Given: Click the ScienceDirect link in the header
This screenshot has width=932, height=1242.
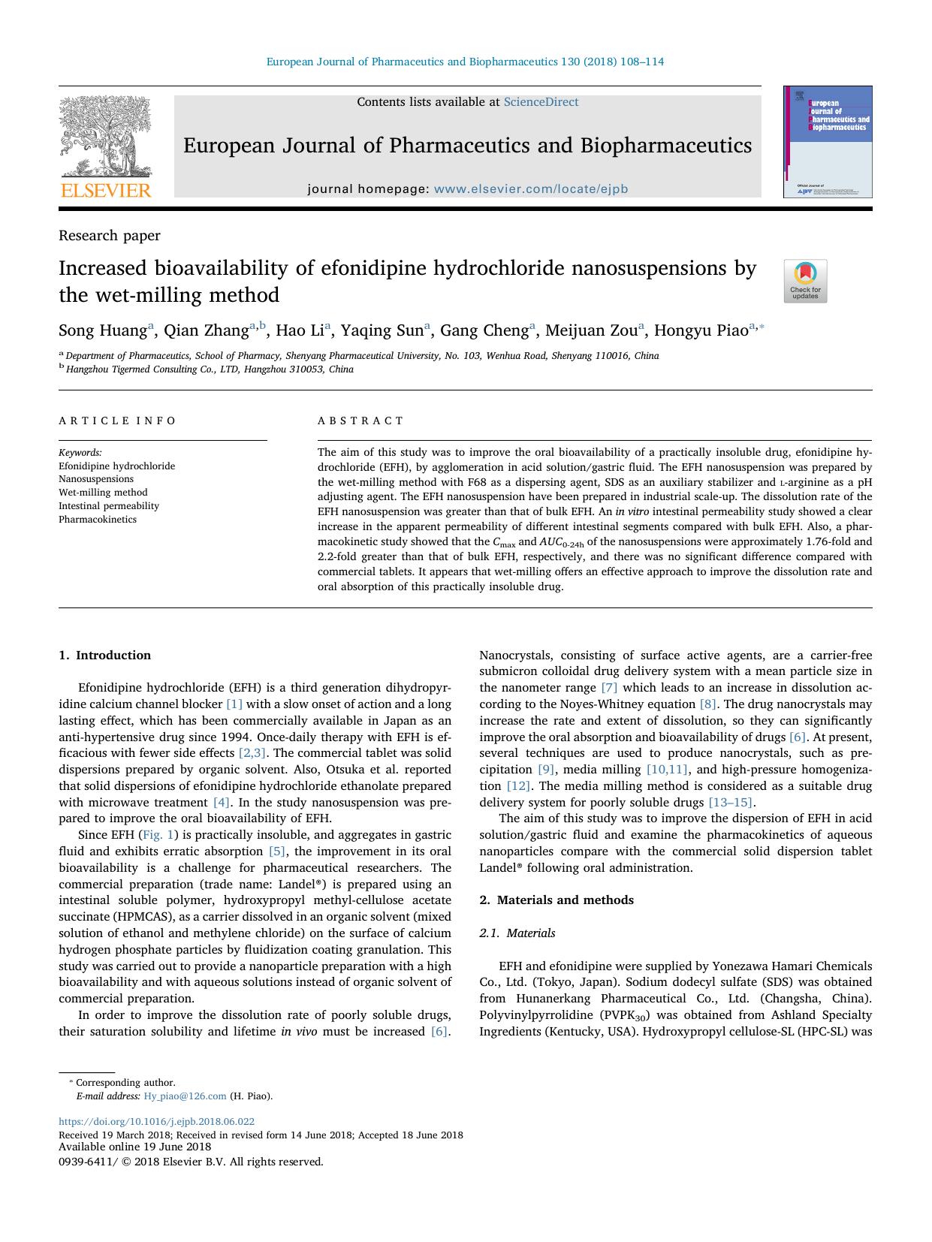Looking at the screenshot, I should click(541, 102).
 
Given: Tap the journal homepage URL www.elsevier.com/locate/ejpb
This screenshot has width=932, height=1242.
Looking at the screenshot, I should click(530, 189).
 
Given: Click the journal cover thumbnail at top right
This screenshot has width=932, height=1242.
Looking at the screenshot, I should click(828, 142).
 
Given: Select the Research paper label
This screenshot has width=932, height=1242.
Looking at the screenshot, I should click(110, 236).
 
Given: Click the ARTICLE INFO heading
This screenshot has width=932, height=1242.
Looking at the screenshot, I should click(118, 421).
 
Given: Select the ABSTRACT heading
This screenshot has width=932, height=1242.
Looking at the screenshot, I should click(360, 421).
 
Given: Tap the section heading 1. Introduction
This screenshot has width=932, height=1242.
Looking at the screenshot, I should click(105, 655).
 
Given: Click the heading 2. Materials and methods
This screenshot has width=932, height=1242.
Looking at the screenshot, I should click(556, 900).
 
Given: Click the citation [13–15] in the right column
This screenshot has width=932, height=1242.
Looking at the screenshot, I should click(730, 802).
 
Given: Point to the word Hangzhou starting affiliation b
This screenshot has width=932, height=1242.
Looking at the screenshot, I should click(87, 369).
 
